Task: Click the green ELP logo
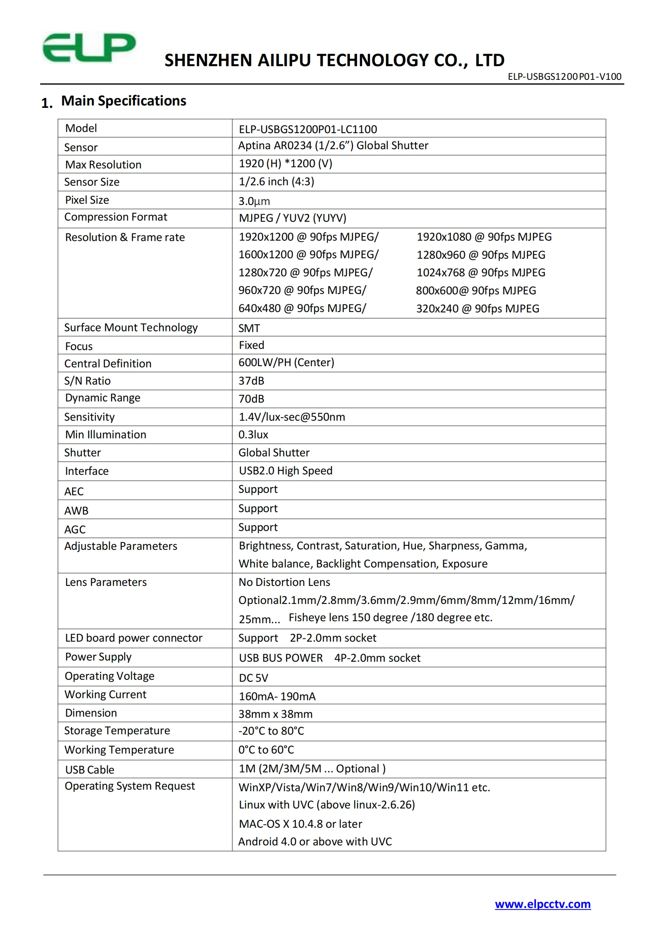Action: coord(89,48)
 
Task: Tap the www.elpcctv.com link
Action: coord(543,904)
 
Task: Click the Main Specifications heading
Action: coord(124,101)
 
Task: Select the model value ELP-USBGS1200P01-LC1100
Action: coord(308,129)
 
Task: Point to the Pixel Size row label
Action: coord(87,200)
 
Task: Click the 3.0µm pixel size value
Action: coord(254,201)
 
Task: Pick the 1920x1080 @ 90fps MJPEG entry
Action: coord(484,237)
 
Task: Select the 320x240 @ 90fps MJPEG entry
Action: coord(478,308)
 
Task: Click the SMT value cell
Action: coord(249,328)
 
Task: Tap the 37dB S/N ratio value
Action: coord(251,381)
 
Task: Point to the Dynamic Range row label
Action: coord(103,398)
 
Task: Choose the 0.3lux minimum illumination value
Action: coord(253,435)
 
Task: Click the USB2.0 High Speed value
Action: coord(285,471)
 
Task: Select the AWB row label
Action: coord(76,511)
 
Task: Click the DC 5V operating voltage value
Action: coord(253,678)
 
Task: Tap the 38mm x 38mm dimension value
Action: coord(275,714)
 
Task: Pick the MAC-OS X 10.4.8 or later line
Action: coord(301,824)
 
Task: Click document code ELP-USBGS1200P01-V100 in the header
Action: coord(564,77)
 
